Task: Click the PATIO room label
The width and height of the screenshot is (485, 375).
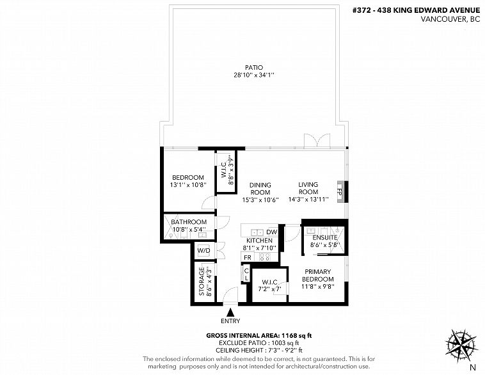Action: pos(254,67)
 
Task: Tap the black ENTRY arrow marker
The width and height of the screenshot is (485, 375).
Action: pos(230,312)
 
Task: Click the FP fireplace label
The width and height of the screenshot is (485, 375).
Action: pos(339,191)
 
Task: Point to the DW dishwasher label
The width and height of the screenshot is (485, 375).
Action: pos(271,232)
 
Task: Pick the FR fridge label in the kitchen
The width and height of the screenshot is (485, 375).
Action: pos(248,257)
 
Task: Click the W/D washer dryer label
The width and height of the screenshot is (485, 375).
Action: pos(204,250)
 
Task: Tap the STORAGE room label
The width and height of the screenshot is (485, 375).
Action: pos(202,282)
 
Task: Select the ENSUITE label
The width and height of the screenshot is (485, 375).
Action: pos(325,237)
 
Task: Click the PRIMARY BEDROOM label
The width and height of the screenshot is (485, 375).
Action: pos(318,275)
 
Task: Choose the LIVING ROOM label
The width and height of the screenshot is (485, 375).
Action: pos(308,188)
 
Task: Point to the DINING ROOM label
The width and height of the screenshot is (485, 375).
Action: pos(260,188)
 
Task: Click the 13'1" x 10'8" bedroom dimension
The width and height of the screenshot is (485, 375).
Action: pos(188,185)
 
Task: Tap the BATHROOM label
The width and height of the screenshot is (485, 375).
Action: pos(189,222)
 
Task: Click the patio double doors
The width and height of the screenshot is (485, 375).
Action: pos(317,140)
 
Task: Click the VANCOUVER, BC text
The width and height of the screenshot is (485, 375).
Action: pos(450,19)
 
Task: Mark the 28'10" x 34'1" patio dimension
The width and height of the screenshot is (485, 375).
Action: pos(254,75)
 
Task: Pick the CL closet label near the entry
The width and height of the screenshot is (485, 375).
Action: pos(246,275)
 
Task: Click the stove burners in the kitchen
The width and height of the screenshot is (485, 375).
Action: pos(265,257)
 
